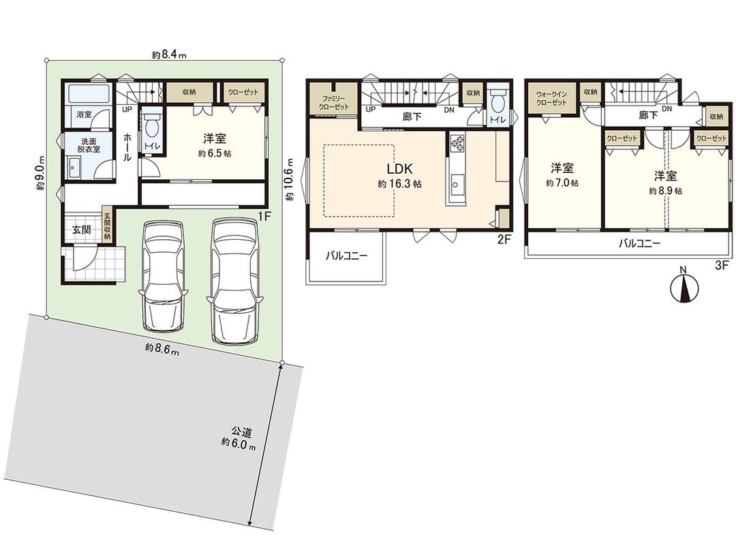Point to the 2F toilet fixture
(x=497, y=103)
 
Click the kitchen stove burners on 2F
(x=456, y=143)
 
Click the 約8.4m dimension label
(x=170, y=55)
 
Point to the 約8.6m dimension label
(x=162, y=350)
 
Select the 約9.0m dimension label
(x=41, y=183)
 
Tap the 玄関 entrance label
(x=82, y=230)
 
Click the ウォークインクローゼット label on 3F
(x=551, y=98)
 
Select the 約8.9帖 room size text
(x=664, y=191)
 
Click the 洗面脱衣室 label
(x=84, y=147)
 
